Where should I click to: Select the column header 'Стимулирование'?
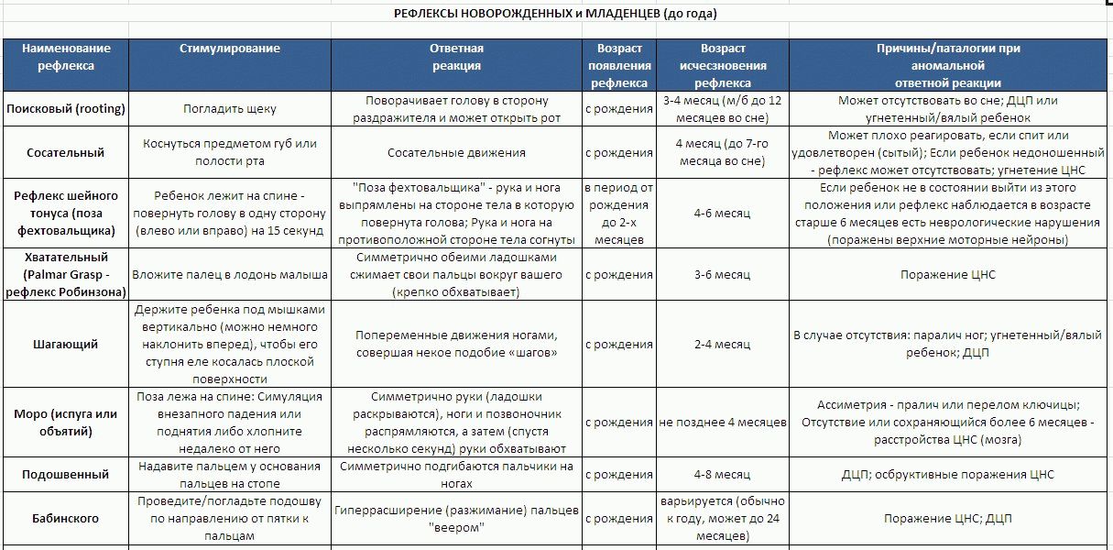click(229, 49)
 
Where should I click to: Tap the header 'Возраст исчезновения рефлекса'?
click(723, 65)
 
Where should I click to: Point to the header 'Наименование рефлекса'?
click(66, 57)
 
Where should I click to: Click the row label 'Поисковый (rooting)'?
click(66, 109)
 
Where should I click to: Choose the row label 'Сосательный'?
click(66, 153)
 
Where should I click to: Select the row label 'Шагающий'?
click(66, 345)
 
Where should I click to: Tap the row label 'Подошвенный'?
click(66, 474)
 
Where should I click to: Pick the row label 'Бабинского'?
click(66, 518)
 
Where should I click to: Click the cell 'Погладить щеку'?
click(229, 109)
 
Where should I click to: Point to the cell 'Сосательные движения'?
click(455, 153)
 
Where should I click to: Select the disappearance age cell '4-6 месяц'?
click(723, 214)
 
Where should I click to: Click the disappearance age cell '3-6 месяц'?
click(723, 274)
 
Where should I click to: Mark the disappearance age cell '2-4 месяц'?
click(723, 345)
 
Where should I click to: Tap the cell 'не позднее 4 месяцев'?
click(723, 423)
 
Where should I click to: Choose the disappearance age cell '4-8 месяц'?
click(723, 474)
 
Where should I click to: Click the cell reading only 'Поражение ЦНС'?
click(947, 274)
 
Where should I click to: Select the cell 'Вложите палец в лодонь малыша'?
click(229, 274)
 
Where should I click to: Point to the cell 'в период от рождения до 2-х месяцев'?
click(618, 214)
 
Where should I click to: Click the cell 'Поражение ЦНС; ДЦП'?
click(947, 518)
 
